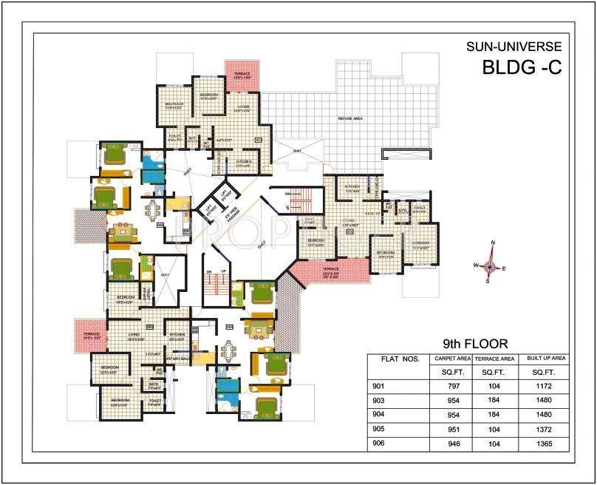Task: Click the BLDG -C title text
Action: (522, 68)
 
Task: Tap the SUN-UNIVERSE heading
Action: (514, 47)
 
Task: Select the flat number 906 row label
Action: (380, 444)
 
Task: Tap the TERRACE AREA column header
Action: (495, 359)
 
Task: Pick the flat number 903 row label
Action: (380, 401)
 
